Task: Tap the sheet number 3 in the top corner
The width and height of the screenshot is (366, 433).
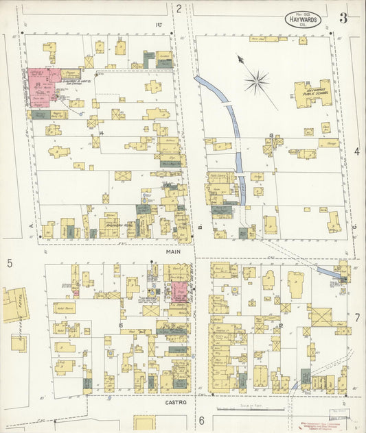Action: coord(343,18)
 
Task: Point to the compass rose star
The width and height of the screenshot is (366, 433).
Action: coord(256,83)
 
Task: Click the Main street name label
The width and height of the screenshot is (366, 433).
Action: coord(173,252)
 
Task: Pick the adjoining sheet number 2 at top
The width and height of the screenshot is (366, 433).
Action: coord(179,9)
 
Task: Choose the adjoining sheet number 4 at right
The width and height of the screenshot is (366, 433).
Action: coord(357,151)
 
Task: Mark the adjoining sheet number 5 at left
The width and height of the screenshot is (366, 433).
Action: coord(10,263)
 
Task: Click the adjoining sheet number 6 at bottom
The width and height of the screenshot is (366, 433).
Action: coord(202,420)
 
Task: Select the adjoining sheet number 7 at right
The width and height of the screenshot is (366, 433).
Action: coord(357,318)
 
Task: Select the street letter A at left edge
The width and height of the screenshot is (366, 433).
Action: coord(32,224)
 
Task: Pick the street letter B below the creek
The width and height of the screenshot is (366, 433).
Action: coord(199,225)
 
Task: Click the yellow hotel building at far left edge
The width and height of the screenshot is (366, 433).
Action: coord(14,304)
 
